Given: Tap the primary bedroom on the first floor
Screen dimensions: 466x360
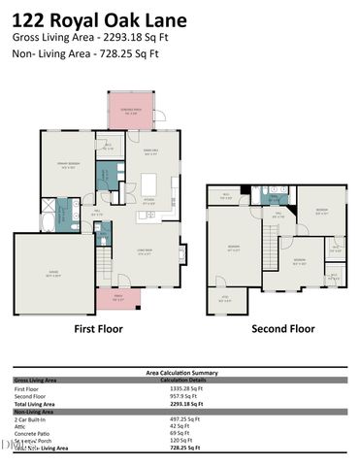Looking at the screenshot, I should tap(68, 165).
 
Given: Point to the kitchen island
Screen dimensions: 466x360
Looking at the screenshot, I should tap(148, 184).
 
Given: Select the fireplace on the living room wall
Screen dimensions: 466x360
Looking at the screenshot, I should tap(181, 253).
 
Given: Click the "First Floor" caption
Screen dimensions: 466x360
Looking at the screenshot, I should tap(101, 329).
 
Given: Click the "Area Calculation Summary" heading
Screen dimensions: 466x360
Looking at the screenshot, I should tap(180, 371).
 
